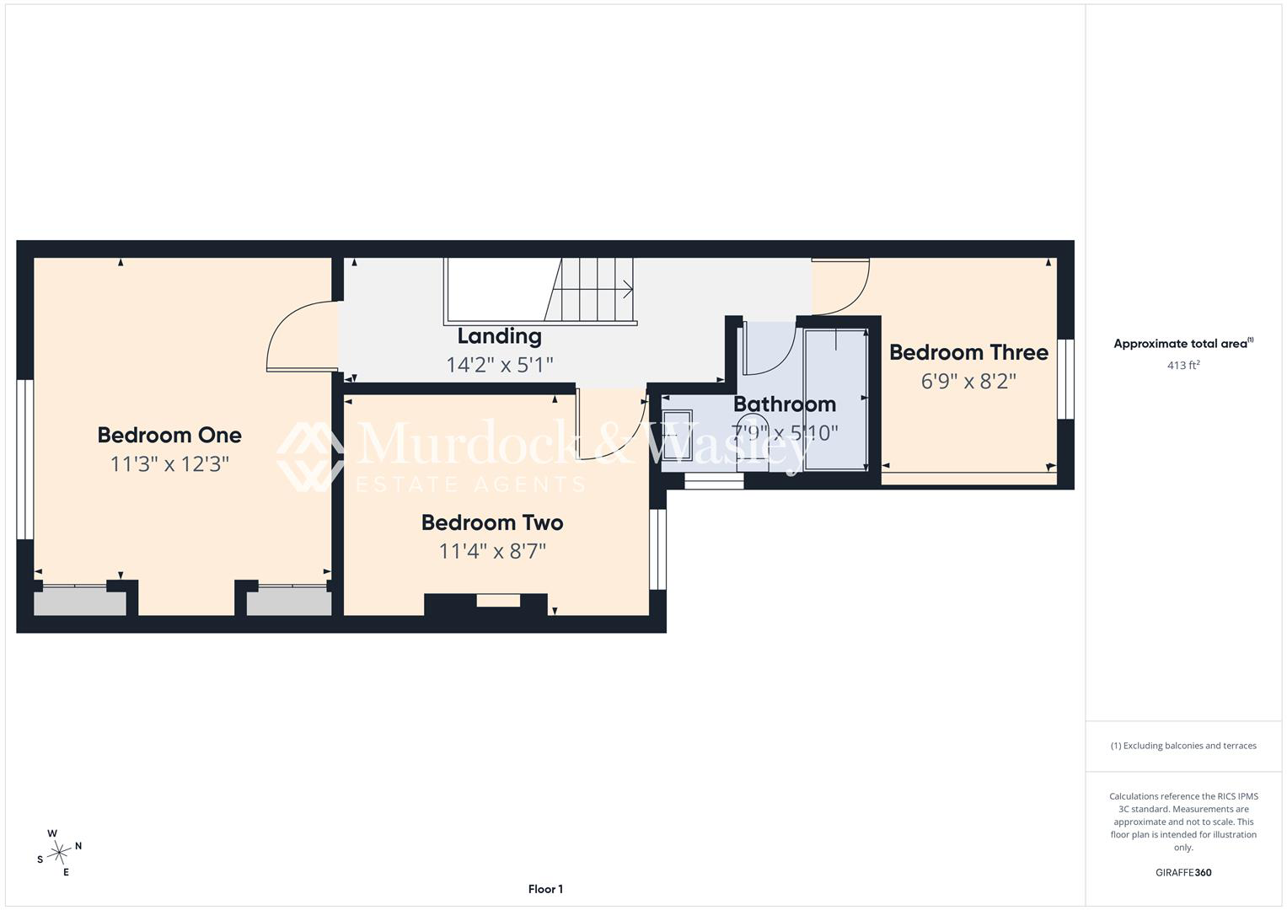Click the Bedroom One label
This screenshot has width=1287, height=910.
[169, 435]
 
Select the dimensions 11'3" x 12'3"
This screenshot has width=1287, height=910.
[169, 463]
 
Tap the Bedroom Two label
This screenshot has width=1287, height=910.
[492, 522]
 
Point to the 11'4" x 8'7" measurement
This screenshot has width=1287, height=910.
[492, 552]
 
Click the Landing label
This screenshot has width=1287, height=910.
[499, 337]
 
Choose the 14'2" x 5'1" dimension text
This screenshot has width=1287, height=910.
[499, 365]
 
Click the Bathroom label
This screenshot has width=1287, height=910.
[785, 404]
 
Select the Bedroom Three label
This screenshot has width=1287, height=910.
[968, 352]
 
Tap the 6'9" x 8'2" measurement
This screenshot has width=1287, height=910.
[968, 381]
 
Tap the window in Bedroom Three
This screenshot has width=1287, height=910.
[1066, 378]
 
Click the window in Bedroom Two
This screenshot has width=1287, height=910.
[657, 549]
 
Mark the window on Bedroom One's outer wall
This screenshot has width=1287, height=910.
[24, 459]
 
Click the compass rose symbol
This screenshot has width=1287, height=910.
[59, 853]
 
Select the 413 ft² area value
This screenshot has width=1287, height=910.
[1183, 365]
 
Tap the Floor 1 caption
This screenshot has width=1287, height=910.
[545, 889]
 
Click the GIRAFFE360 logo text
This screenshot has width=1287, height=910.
[1183, 872]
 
